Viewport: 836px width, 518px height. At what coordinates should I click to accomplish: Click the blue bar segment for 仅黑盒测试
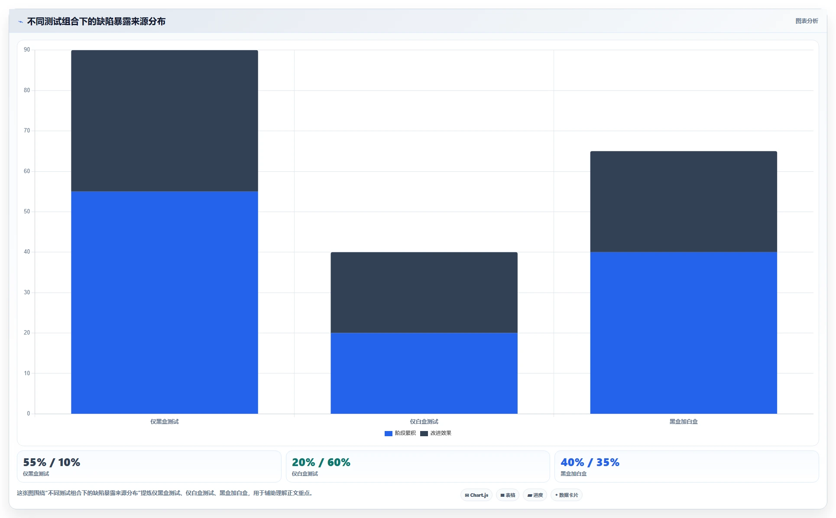[x=165, y=302]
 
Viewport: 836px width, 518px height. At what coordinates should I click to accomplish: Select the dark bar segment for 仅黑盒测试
[x=165, y=121]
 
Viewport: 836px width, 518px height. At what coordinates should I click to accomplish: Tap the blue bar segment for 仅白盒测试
[x=424, y=373]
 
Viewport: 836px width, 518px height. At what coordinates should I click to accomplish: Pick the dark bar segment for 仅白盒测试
[x=424, y=293]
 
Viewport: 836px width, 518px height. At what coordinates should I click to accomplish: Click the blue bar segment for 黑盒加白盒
[x=684, y=333]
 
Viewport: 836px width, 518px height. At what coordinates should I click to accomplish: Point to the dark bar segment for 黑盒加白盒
[x=684, y=202]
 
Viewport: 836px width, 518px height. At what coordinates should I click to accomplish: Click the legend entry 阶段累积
[x=400, y=433]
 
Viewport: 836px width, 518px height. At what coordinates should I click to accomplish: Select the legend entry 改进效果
[x=436, y=433]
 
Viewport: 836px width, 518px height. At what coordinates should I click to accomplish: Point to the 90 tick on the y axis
[x=27, y=50]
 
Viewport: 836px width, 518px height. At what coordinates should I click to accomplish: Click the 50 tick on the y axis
[x=27, y=212]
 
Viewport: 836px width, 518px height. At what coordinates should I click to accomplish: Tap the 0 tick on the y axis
[x=29, y=414]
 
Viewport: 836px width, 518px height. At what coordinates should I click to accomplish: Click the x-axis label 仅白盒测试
[x=424, y=421]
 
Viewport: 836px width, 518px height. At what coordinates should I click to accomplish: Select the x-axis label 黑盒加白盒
[x=684, y=421]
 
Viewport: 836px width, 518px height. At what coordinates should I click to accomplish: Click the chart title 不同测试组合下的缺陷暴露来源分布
[x=96, y=22]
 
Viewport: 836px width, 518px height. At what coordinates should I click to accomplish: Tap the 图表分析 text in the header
[x=807, y=21]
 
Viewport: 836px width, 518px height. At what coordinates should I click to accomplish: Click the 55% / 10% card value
[x=52, y=462]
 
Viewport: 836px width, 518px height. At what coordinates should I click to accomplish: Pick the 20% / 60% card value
[x=321, y=462]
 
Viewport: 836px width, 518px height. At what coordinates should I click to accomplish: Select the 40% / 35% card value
[x=590, y=462]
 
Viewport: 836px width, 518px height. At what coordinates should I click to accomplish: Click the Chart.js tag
[x=476, y=495]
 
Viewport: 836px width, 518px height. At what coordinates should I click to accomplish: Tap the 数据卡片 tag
[x=567, y=495]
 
